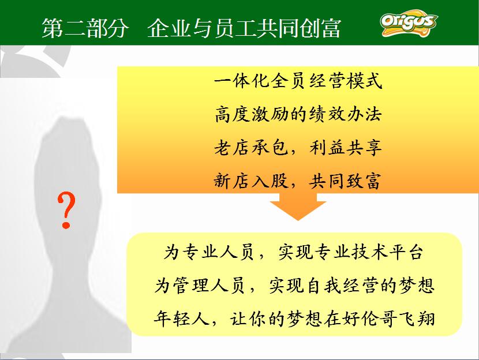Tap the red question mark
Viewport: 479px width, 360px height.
click(66, 211)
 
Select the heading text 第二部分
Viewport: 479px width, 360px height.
click(85, 28)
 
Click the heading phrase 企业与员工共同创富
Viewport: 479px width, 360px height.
click(244, 28)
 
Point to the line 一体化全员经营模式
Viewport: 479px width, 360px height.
click(298, 81)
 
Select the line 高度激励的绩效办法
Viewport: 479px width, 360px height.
click(298, 114)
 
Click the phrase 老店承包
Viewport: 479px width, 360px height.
click(251, 148)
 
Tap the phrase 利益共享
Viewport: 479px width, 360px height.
click(346, 148)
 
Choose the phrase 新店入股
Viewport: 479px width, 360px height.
click(251, 181)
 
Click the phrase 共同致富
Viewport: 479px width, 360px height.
click(346, 181)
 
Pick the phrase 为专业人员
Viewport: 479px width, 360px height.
click(209, 252)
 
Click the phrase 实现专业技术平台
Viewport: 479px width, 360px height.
click(351, 252)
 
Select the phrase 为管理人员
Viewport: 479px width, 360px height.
click(200, 286)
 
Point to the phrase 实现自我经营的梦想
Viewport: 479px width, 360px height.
click(351, 286)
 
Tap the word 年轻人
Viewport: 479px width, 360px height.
click(181, 319)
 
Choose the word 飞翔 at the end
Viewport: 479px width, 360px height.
click(416, 319)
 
